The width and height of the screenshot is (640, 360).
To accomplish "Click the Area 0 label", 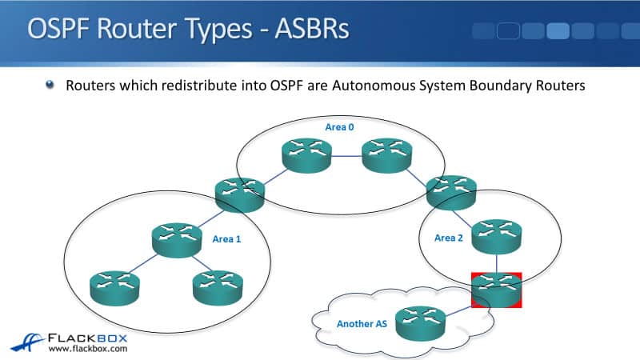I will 338,127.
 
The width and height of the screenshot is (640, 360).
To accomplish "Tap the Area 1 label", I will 226,238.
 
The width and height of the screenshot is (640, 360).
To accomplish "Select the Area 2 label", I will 448,238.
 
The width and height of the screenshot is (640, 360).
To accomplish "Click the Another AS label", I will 361,324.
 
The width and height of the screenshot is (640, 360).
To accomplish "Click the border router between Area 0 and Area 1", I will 239,194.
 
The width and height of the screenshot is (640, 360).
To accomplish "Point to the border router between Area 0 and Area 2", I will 451,191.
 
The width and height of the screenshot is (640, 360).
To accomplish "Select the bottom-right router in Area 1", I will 217,286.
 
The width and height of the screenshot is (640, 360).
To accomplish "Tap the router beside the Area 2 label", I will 497,235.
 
